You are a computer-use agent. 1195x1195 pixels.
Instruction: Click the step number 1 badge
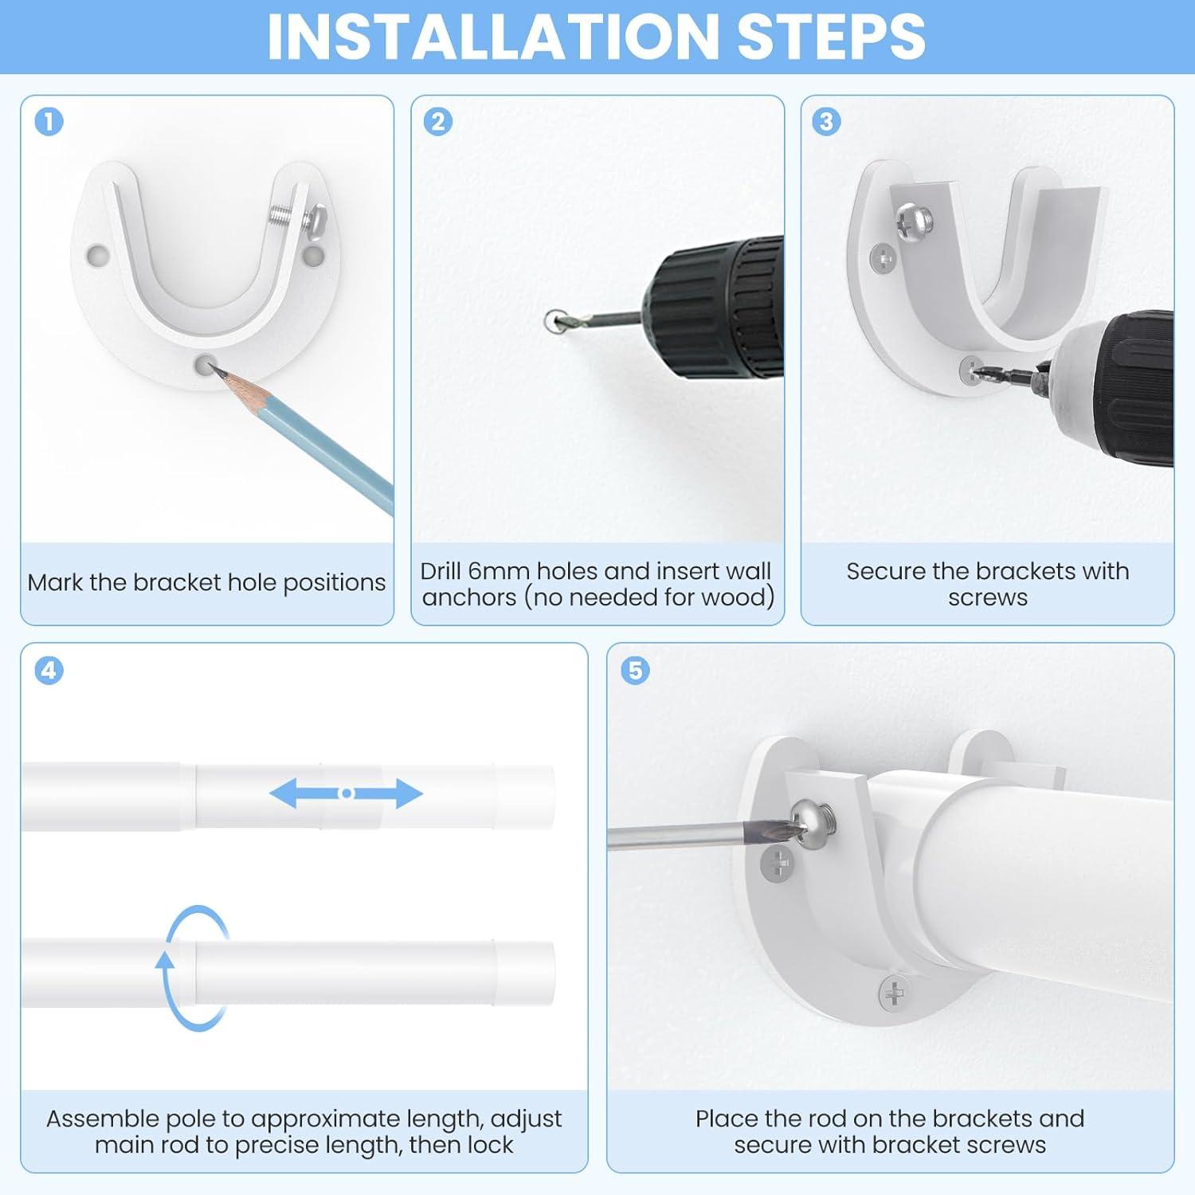coord(49,122)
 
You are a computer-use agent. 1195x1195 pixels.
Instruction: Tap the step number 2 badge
coord(438,122)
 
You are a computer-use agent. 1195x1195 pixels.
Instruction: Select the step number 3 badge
coord(826,122)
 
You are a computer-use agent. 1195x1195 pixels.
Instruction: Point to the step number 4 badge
coord(49,670)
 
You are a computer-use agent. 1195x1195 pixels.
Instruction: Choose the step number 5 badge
coord(635,670)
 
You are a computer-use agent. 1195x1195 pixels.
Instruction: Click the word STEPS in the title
coord(832,37)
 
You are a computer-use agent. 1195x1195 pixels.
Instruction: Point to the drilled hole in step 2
coord(555,321)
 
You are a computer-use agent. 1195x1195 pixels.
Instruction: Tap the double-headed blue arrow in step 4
coord(346,793)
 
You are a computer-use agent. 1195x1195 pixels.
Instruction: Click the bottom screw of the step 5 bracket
coord(894,993)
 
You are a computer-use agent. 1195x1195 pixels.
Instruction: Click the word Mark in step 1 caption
coord(55,582)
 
